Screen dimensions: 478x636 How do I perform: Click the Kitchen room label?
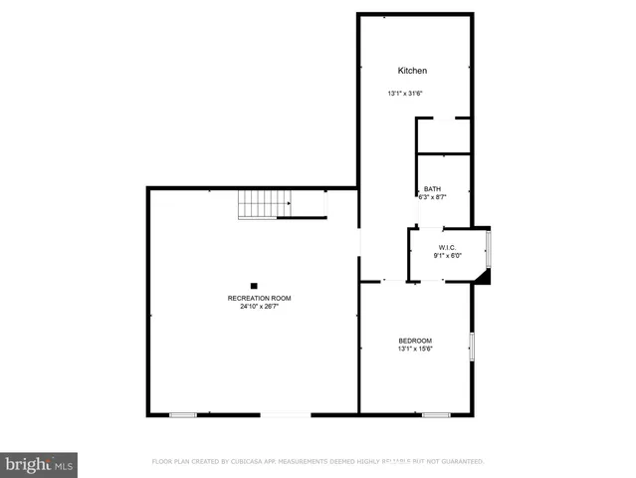pos(412,71)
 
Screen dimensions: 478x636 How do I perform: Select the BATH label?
pos(432,188)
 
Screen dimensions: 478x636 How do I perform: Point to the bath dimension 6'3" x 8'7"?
pos(432,197)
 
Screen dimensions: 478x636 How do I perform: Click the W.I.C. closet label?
pos(448,247)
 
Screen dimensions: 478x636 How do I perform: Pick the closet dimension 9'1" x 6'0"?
pos(448,256)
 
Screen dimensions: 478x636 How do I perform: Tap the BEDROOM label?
pos(415,341)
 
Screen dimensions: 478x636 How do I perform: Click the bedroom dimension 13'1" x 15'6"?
pos(415,350)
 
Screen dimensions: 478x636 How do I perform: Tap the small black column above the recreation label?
pos(254,286)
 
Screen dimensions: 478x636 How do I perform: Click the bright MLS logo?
pos(39,464)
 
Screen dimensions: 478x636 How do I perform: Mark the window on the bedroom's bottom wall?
pos(435,414)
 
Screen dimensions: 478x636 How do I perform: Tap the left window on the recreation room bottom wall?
pos(182,414)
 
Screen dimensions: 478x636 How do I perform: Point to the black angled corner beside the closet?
pos(484,276)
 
